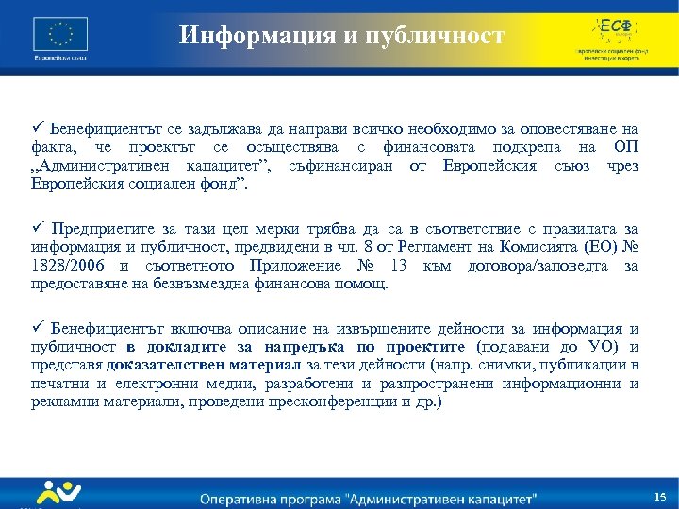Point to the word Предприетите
click(x=99, y=228)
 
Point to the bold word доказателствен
click(x=162, y=366)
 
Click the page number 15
click(x=659, y=496)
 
